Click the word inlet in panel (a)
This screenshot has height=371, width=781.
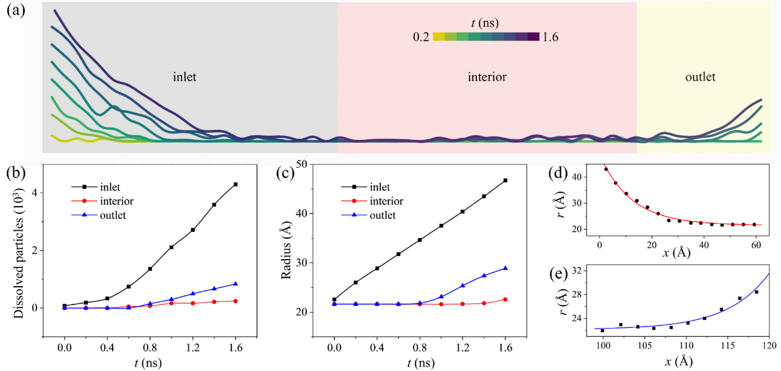pyautogui.click(x=185, y=78)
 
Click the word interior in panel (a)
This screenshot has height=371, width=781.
pyautogui.click(x=487, y=78)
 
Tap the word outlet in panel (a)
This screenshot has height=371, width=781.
pyautogui.click(x=700, y=78)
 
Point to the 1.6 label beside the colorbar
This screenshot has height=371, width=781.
pyautogui.click(x=550, y=38)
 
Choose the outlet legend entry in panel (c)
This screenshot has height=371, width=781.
pyautogui.click(x=381, y=215)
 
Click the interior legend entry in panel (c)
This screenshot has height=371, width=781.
pyautogui.click(x=385, y=201)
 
